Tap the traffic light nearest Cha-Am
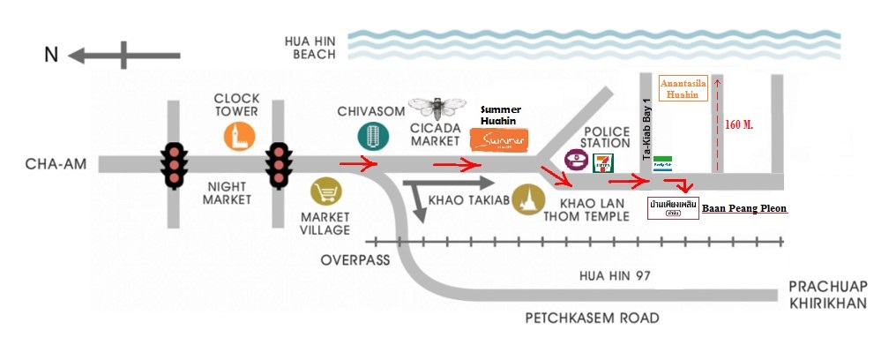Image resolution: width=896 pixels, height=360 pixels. point(175,164)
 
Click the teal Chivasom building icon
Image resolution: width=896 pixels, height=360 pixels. point(371,136)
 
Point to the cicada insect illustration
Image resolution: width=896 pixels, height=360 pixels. point(436,108)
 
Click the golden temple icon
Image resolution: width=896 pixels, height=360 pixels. point(529,195)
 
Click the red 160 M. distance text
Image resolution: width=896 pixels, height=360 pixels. point(738,124)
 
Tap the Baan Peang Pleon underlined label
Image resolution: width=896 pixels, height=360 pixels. point(743,209)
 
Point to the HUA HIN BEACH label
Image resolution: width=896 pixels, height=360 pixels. point(310,48)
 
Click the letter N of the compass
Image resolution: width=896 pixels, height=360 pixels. point(52,55)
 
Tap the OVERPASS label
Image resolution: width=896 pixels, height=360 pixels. point(350,260)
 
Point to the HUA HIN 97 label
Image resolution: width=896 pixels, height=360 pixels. point(614,275)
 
